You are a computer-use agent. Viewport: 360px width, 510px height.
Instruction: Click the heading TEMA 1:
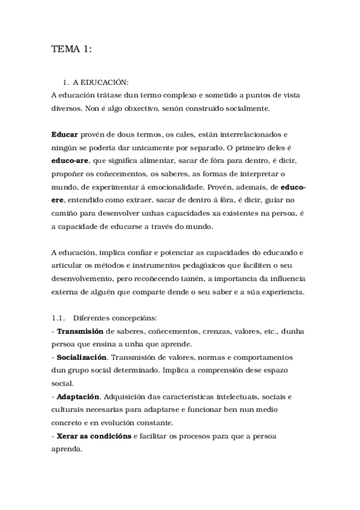(72, 50)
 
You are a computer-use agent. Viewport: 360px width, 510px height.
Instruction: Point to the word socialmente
(243, 108)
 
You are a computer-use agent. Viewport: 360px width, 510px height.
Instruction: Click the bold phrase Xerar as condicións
(94, 436)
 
